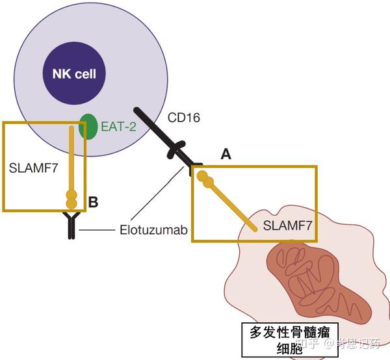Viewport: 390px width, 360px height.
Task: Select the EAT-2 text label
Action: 118,127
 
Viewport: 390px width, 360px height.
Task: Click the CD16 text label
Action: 185,118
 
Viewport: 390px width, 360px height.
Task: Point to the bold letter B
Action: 93,203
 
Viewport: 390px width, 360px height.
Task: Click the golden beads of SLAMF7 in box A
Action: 206,179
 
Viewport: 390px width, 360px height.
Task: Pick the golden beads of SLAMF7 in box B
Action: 71,198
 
